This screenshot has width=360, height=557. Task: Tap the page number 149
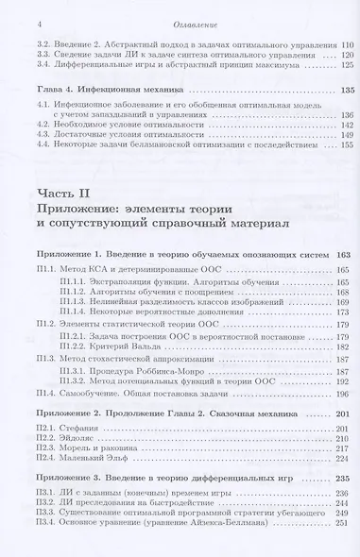[x=344, y=136]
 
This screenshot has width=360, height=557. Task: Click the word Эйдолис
[x=75, y=441]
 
